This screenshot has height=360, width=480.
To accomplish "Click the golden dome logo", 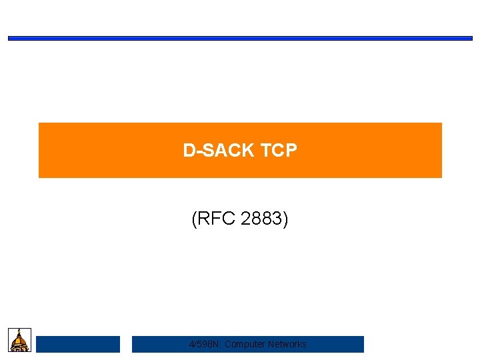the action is click(20, 339).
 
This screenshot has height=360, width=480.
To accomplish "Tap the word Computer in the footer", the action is click(243, 344).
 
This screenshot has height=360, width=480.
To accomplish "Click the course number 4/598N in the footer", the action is click(203, 344).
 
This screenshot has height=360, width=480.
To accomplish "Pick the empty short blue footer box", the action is click(78, 344).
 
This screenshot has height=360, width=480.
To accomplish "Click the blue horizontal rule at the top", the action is click(240, 38).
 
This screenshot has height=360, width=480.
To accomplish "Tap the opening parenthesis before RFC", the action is click(194, 219).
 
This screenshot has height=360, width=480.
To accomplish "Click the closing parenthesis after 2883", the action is click(286, 219).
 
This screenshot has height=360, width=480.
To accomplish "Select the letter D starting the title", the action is click(189, 151).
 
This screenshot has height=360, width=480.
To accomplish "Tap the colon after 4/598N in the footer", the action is click(220, 345).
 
